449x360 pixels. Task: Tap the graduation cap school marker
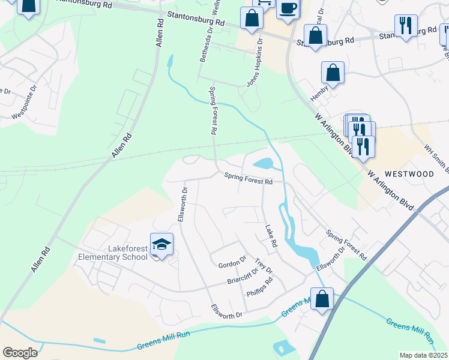[x=161, y=245]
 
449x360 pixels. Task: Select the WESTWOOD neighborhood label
[x=409, y=174]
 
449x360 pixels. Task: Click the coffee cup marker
[x=288, y=9]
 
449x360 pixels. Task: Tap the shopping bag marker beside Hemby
[x=333, y=74]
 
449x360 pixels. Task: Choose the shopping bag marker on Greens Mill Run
[x=322, y=299]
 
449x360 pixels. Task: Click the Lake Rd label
[x=271, y=236]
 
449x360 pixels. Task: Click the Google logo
[x=20, y=352]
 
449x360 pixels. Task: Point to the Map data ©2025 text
[x=423, y=355]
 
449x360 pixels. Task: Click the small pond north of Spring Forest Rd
[x=264, y=163]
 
